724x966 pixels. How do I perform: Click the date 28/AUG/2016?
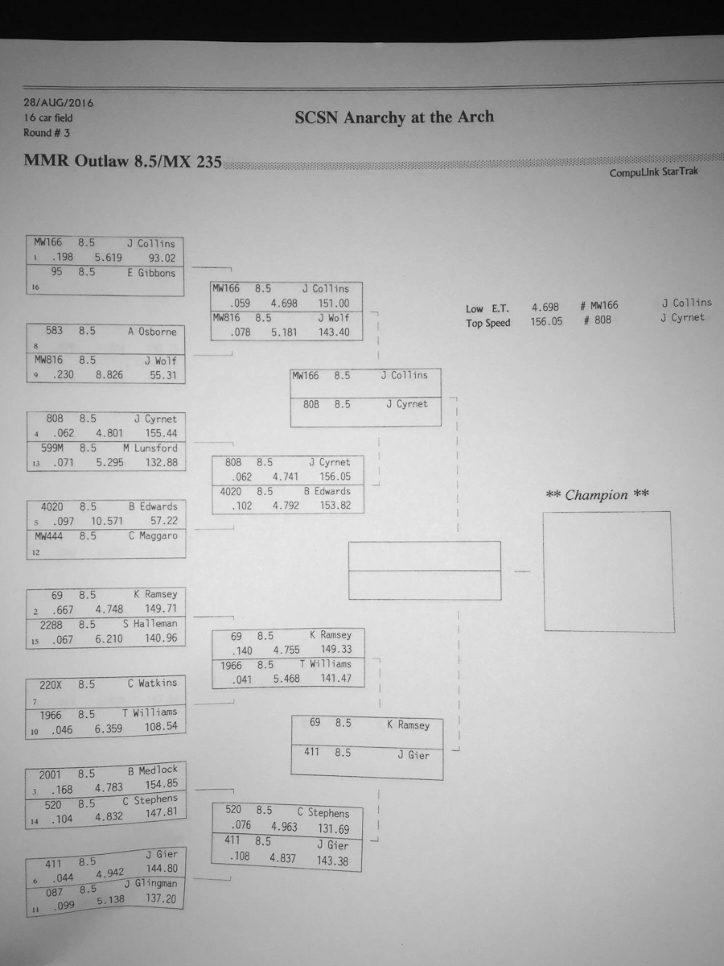(x=58, y=103)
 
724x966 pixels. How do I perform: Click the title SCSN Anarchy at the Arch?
(x=394, y=117)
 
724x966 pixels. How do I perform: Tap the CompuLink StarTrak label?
(x=653, y=172)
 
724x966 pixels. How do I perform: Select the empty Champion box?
(x=609, y=572)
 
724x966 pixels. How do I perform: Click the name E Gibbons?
(x=151, y=273)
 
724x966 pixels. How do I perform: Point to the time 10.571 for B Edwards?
(x=107, y=521)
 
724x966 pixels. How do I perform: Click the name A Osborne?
(x=152, y=332)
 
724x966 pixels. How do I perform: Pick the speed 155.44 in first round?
(x=161, y=433)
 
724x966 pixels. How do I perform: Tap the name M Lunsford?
(x=150, y=448)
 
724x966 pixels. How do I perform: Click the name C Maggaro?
(x=153, y=535)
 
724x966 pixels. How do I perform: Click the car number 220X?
(x=51, y=685)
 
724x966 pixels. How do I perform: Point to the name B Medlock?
(x=153, y=770)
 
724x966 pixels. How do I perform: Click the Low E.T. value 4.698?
(x=545, y=307)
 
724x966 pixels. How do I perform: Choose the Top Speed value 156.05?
(x=546, y=321)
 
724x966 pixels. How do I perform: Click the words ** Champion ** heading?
(x=597, y=494)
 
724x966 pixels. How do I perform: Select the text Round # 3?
(x=47, y=133)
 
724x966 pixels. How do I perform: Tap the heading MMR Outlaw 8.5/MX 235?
(x=122, y=161)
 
